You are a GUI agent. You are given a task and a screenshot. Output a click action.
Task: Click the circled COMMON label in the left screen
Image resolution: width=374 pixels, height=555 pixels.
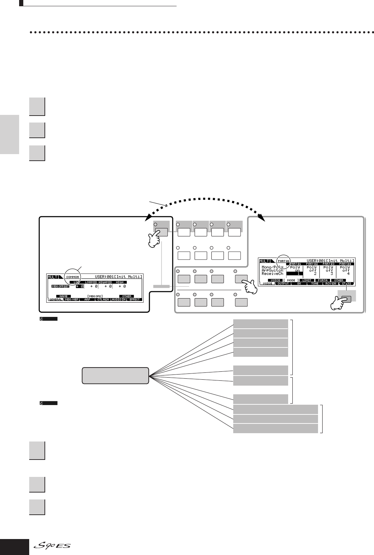click(72, 277)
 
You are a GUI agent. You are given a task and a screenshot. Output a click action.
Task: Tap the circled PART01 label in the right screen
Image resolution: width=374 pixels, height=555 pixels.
click(284, 260)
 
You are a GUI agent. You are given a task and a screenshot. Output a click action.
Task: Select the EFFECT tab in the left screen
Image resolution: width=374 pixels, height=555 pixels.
click(135, 299)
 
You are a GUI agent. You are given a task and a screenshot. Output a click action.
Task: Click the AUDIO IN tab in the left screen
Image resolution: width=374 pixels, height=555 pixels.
click(119, 299)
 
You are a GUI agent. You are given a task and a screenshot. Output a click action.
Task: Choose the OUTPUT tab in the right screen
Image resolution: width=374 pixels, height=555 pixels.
click(283, 284)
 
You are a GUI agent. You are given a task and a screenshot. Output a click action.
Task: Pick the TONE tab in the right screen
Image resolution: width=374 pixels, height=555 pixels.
click(315, 284)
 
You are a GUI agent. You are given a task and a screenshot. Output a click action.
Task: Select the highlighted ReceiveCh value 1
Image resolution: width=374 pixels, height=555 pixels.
click(295, 274)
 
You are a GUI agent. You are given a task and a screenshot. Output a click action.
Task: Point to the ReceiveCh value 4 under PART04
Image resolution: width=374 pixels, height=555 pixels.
click(345, 274)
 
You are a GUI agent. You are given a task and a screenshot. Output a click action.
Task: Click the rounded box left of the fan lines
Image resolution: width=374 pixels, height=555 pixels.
click(115, 376)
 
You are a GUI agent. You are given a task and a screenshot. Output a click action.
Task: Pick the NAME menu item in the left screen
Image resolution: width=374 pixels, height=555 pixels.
click(64, 296)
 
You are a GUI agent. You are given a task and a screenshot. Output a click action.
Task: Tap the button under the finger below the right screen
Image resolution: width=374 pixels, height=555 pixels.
click(346, 298)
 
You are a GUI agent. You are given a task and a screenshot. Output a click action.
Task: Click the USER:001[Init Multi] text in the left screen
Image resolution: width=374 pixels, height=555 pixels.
click(119, 277)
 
